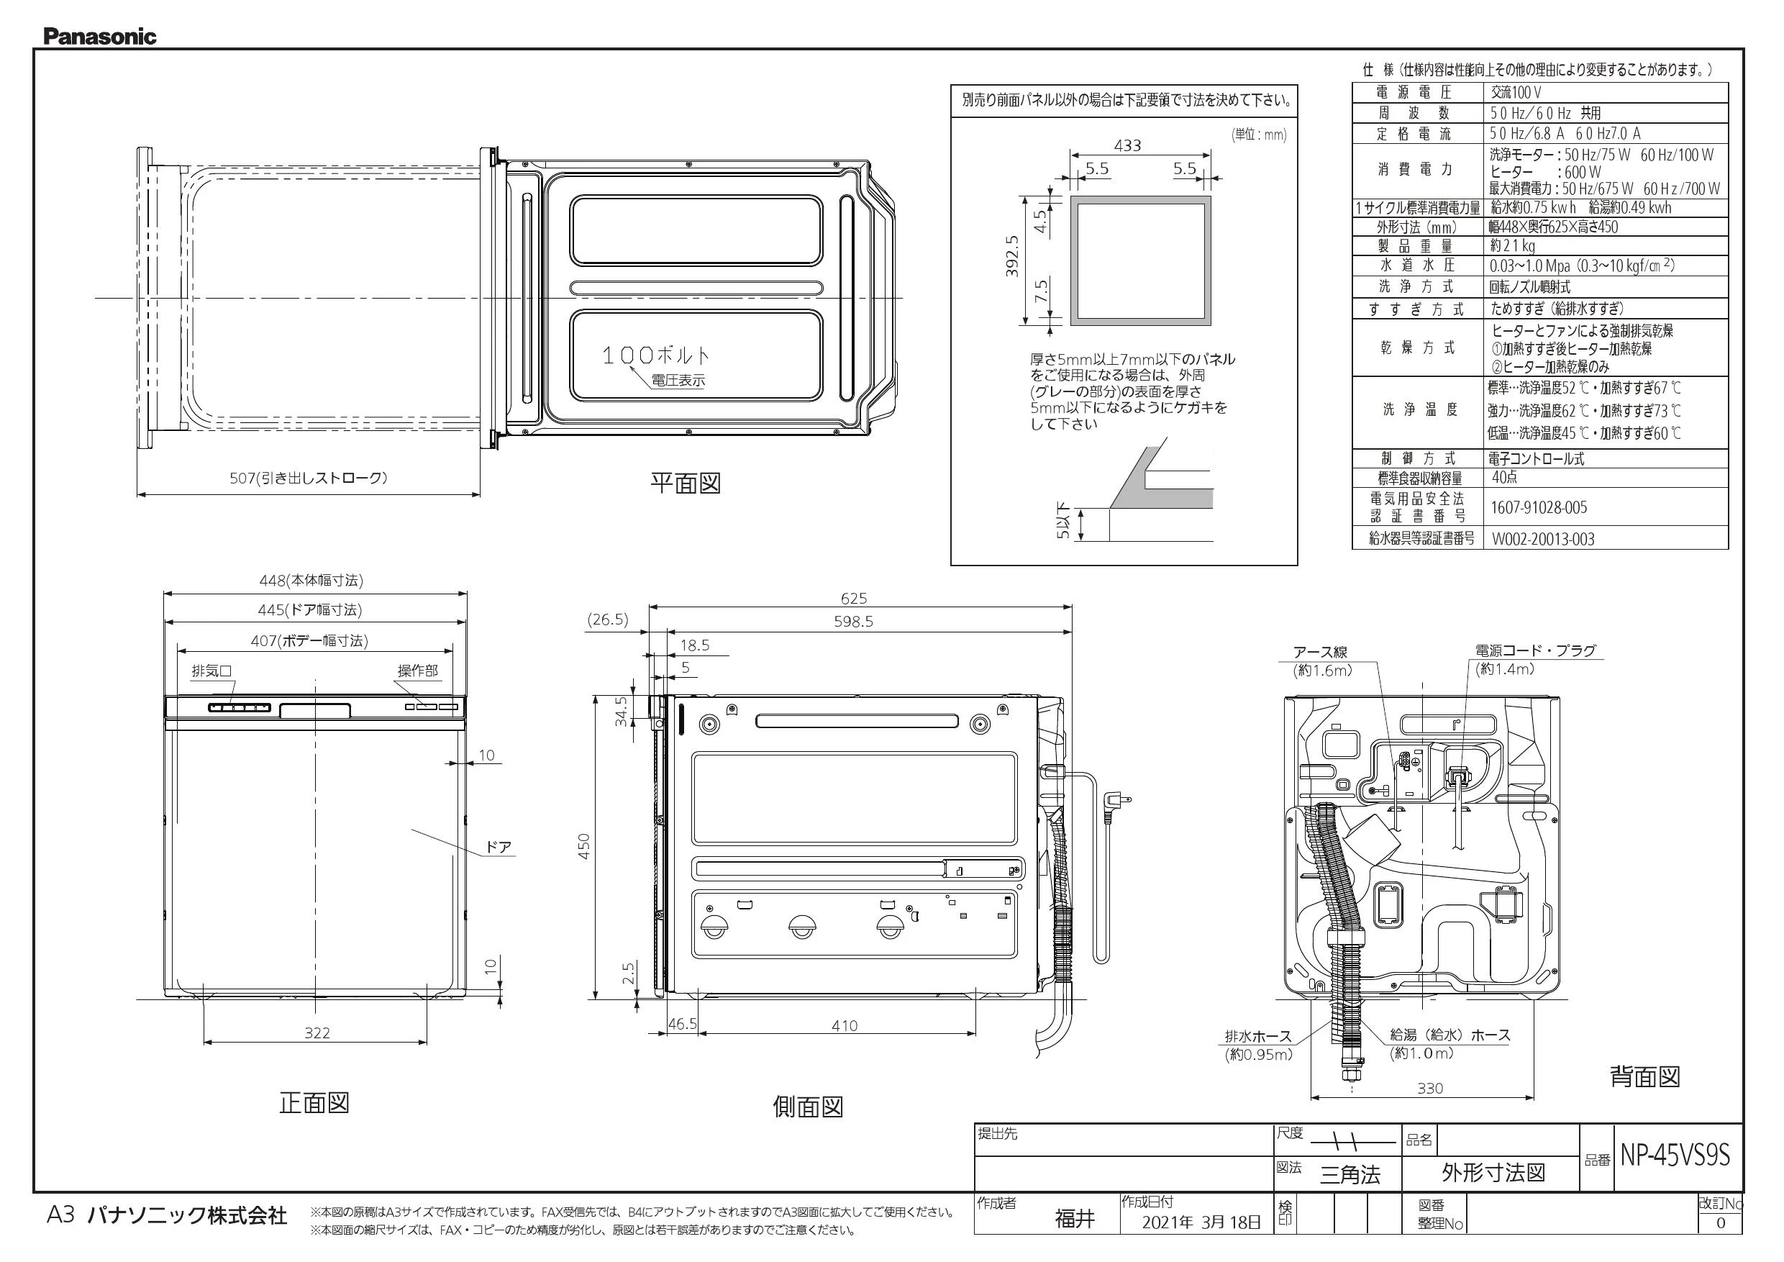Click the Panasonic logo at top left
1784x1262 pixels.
pos(99,37)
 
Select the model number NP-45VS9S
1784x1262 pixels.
pos(1675,1156)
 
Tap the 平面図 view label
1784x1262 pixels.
pos(686,484)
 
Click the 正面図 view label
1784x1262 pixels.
pos(314,1103)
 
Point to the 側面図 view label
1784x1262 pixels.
pos(808,1107)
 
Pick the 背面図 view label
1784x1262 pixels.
pos(1645,1077)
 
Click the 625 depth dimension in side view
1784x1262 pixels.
pos(853,599)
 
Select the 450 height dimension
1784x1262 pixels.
pos(583,846)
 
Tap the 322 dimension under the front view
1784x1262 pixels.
pos(317,1032)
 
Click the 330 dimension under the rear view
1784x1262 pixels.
pos(1429,1089)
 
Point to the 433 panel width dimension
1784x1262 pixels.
pos(1127,145)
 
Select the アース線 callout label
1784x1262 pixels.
pos(1320,652)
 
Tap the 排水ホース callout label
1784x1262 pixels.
pos(1258,1036)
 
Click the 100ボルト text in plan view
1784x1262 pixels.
pos(657,356)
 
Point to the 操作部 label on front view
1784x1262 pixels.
pos(417,671)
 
